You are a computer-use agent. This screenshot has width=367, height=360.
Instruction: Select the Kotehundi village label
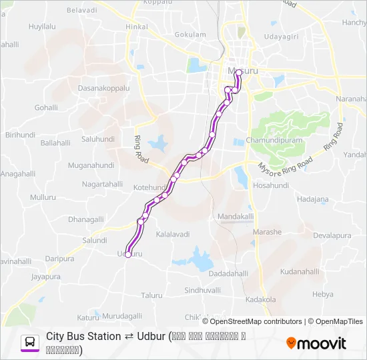pyautogui.click(x=149, y=189)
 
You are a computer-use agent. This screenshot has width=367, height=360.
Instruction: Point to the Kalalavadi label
pyautogui.click(x=173, y=235)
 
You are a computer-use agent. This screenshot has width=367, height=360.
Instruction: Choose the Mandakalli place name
pyautogui.click(x=236, y=217)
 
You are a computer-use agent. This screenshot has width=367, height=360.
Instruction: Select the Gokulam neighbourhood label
pyautogui.click(x=190, y=34)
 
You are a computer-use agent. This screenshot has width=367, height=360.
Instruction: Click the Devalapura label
pyautogui.click(x=332, y=236)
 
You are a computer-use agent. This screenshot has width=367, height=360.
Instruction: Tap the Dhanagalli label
pyautogui.click(x=86, y=219)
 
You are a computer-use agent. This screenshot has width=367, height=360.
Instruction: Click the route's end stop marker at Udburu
pyautogui.click(x=127, y=255)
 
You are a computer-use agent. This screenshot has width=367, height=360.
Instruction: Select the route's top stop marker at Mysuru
pyautogui.click(x=238, y=72)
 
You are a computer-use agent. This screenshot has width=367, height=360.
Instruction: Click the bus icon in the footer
pyautogui.click(x=30, y=343)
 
